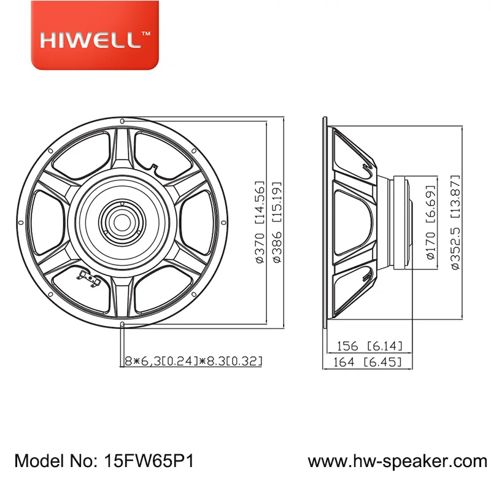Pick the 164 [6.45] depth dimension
[x=367, y=362]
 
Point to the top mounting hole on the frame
[x=123, y=121]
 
